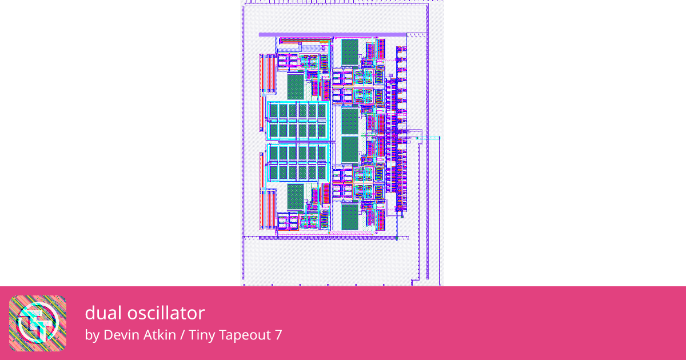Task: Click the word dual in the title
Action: (x=100, y=313)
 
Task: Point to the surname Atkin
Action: (x=159, y=335)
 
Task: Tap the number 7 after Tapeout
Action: (x=278, y=335)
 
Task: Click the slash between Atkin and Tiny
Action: (x=182, y=335)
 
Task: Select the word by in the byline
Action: (x=92, y=335)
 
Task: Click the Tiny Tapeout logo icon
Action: (x=38, y=323)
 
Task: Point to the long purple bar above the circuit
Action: (x=332, y=35)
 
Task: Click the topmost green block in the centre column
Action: (x=349, y=51)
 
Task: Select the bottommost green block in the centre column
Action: (x=349, y=217)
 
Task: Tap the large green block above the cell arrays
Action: (x=296, y=86)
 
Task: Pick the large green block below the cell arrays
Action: (x=296, y=196)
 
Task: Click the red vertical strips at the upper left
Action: (x=267, y=73)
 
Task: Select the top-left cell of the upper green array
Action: (x=274, y=110)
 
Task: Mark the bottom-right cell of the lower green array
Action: (x=321, y=172)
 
